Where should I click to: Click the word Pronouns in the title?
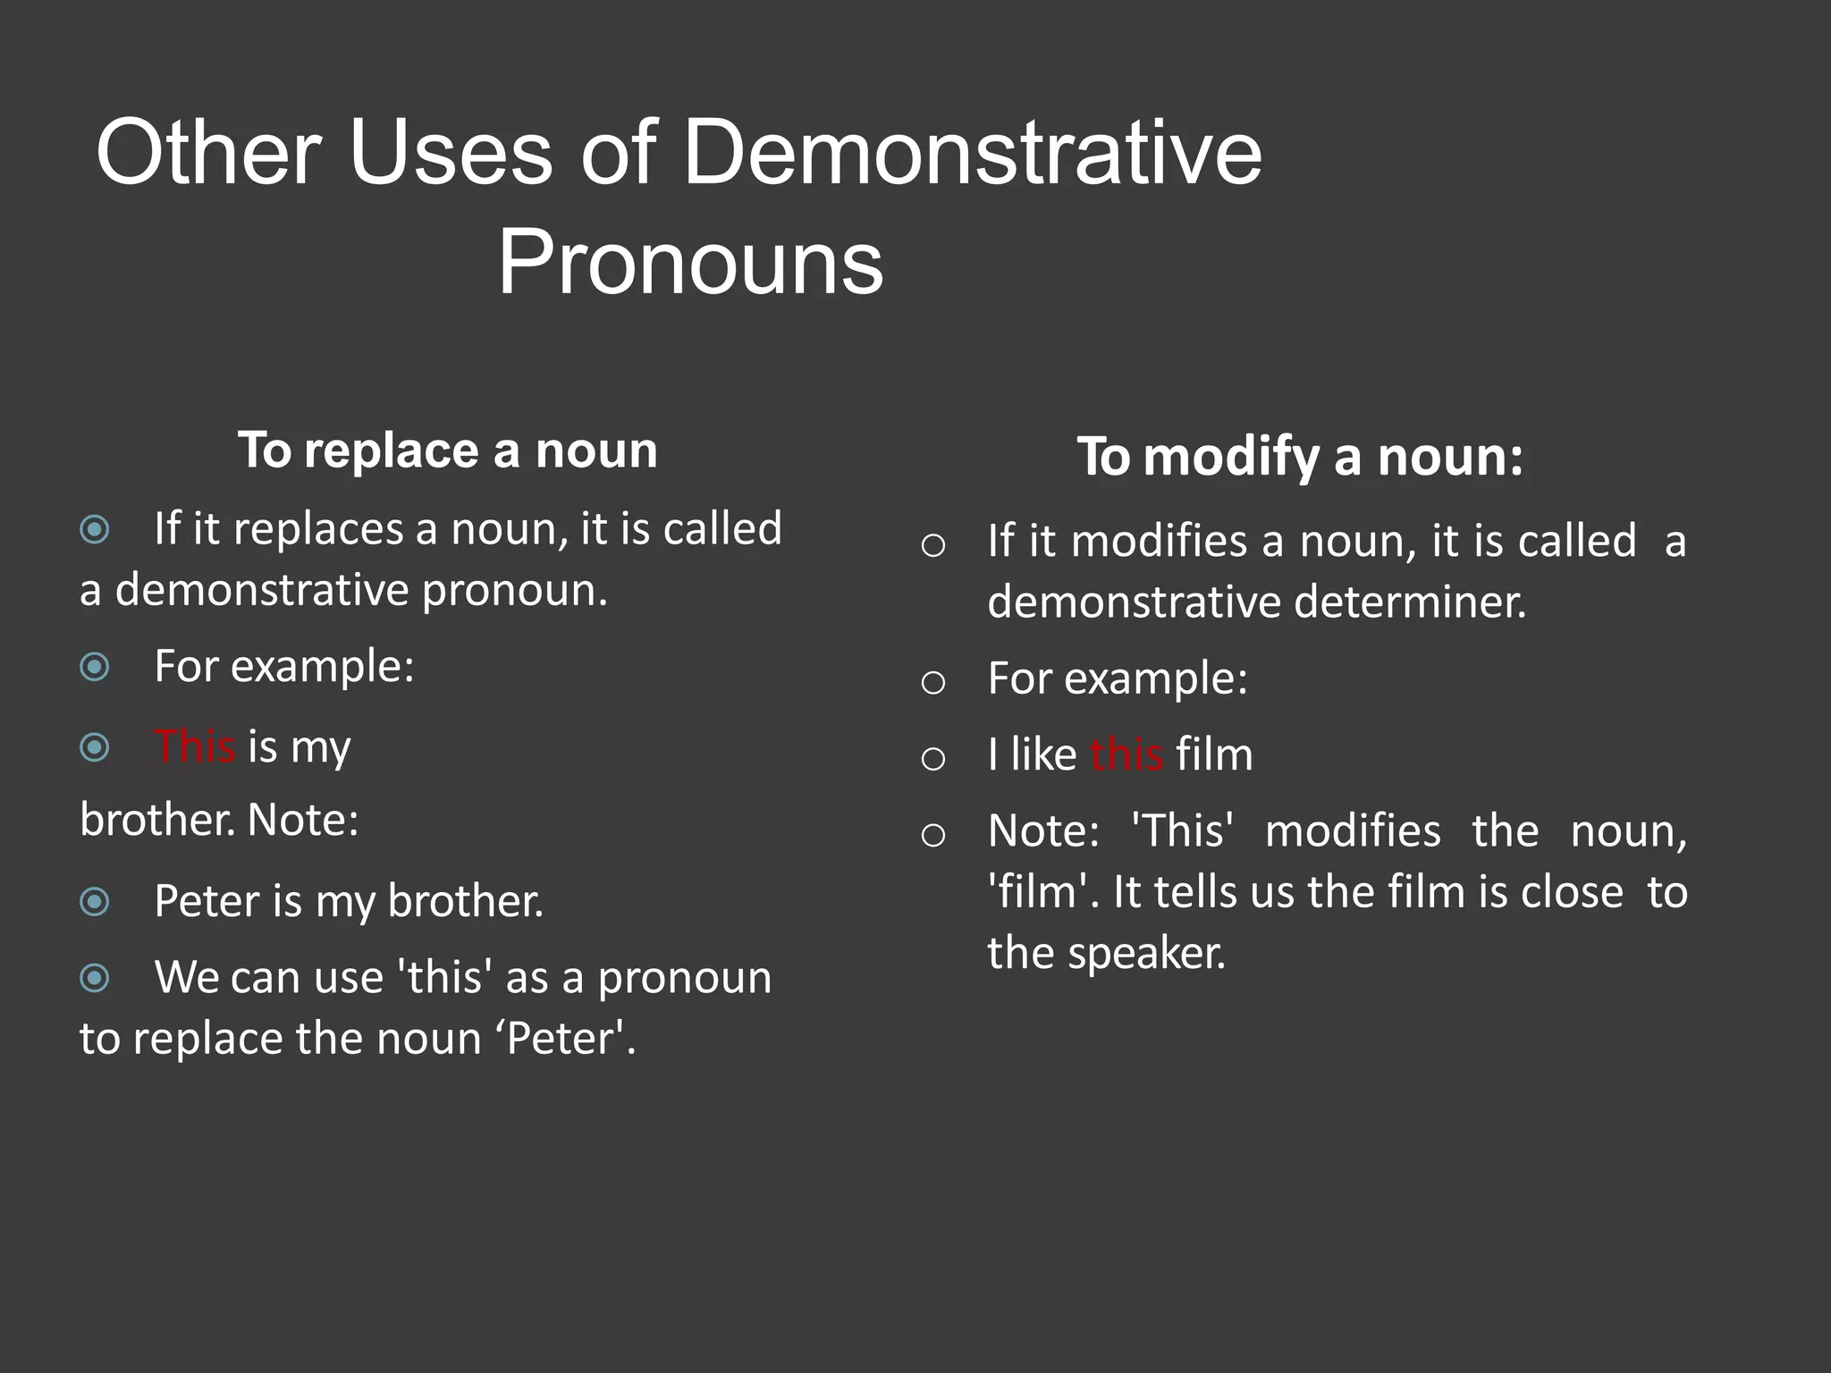pos(690,263)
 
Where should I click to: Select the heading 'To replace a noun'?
pos(447,450)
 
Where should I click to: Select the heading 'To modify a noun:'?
pos(1299,457)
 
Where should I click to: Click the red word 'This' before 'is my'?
pos(194,746)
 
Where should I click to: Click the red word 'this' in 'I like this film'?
pos(1126,754)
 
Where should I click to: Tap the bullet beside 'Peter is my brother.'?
pos(95,901)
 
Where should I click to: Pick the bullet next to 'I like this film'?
pos(932,759)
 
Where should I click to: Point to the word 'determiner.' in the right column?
pos(1410,602)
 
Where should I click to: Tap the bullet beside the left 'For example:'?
pos(95,667)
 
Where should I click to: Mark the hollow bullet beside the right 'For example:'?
pos(932,683)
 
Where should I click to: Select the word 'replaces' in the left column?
pos(318,528)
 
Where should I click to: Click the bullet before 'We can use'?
pos(95,978)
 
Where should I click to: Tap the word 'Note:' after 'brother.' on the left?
pos(302,820)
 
